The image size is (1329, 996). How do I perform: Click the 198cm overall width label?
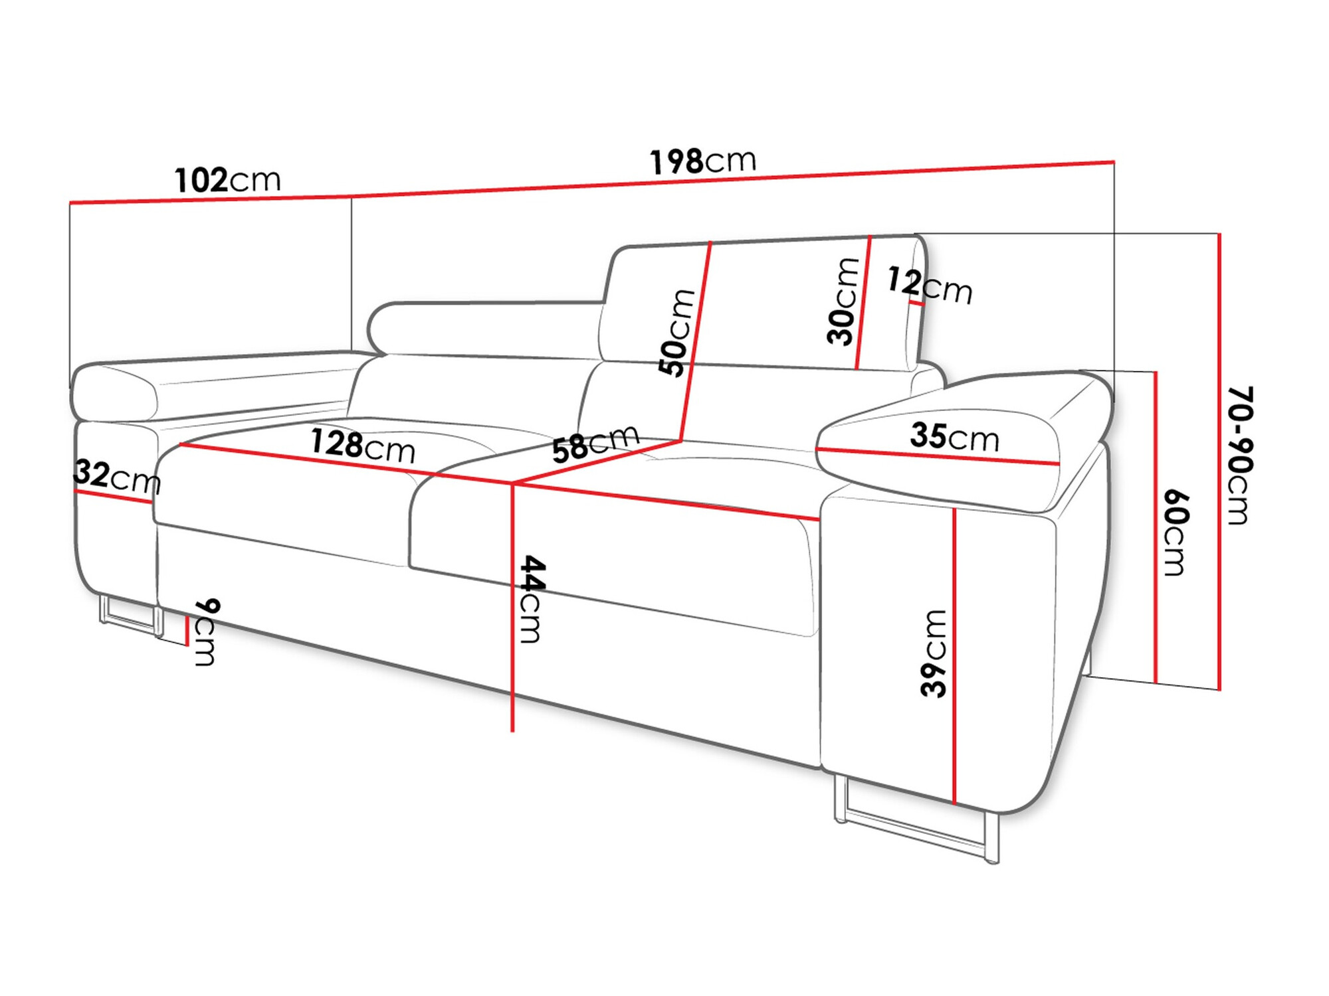[702, 161]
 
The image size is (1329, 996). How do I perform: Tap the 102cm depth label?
[227, 181]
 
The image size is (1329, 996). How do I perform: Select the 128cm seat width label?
[363, 446]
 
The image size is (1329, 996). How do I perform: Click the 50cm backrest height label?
[676, 333]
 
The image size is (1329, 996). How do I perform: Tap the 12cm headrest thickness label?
[929, 286]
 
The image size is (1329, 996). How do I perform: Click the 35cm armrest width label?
[954, 437]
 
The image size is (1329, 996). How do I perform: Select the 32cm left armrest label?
[117, 476]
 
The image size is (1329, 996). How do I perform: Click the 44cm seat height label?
[531, 599]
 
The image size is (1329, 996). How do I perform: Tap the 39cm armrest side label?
[934, 653]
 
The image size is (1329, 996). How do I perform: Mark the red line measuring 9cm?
[187, 630]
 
